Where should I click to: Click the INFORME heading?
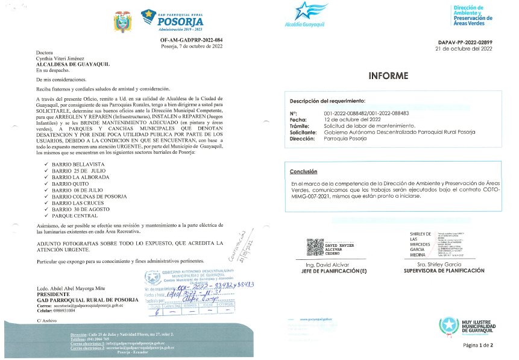pyautogui.click(x=388, y=76)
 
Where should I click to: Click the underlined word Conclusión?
pyautogui.click(x=304, y=172)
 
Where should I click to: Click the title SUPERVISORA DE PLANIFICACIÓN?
pyautogui.click(x=446, y=271)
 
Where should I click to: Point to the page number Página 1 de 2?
pyautogui.click(x=478, y=346)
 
